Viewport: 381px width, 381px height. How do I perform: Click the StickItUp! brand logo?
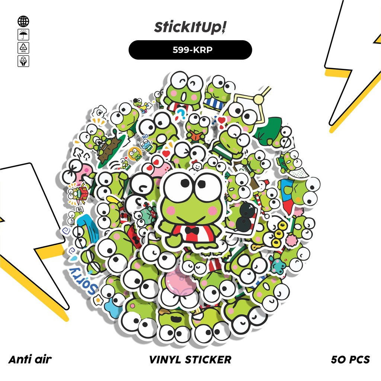click(x=190, y=28)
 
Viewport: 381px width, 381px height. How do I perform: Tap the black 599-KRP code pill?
click(x=190, y=50)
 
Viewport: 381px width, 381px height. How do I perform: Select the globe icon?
click(x=23, y=21)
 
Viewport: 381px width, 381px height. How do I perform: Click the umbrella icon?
click(x=23, y=35)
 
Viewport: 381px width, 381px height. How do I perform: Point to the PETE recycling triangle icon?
click(x=23, y=48)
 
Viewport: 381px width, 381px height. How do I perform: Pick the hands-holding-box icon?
click(x=23, y=61)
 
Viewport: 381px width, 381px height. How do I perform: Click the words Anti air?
click(x=30, y=359)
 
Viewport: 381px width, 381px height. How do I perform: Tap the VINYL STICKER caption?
click(x=190, y=359)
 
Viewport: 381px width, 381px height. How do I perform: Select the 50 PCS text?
click(x=350, y=359)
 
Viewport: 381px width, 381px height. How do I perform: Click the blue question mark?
click(x=181, y=112)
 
